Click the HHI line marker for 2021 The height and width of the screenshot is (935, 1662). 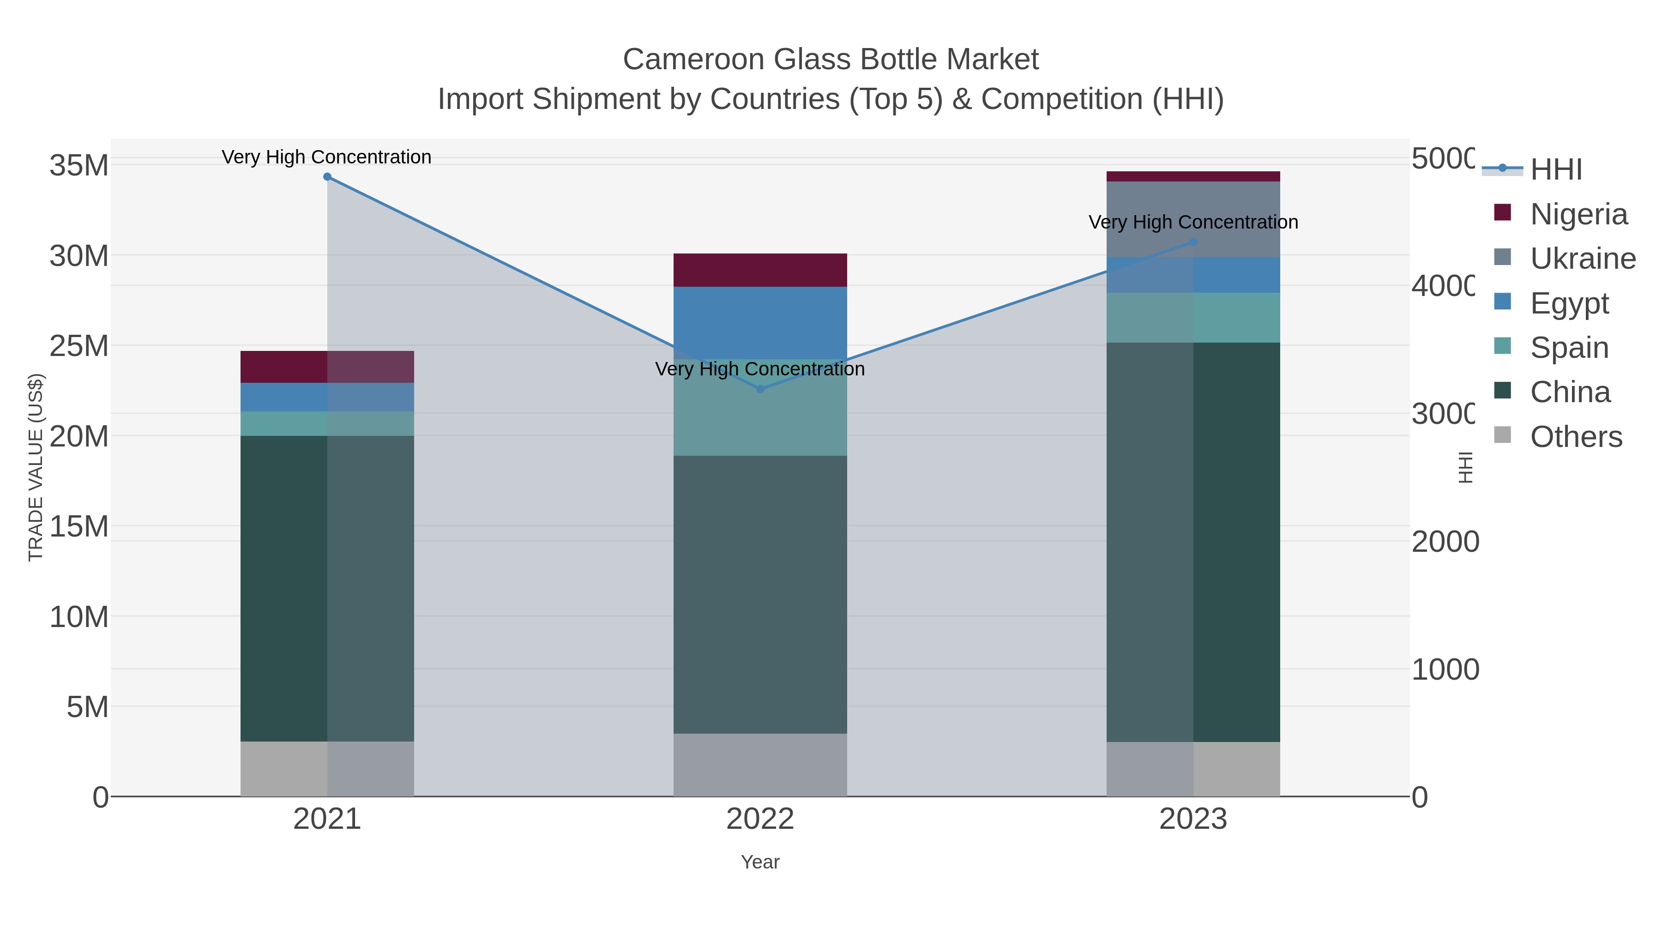(327, 177)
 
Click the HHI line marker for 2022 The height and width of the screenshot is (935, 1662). (760, 389)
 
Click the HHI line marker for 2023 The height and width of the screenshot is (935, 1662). (1193, 242)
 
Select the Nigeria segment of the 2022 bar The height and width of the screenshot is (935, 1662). (760, 270)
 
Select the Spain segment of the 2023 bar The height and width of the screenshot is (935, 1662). (1193, 318)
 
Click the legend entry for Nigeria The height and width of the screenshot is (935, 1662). (1578, 214)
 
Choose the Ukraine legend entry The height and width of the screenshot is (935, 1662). (1582, 258)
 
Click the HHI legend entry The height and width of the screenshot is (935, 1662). (1555, 169)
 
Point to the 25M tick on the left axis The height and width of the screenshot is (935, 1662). (78, 346)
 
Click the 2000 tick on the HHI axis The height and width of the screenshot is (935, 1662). (1444, 542)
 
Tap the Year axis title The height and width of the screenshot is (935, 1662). (760, 862)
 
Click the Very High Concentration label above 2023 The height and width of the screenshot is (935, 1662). (1193, 222)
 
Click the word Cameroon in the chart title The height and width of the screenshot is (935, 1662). (693, 60)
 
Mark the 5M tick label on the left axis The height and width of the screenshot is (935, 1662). (87, 707)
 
